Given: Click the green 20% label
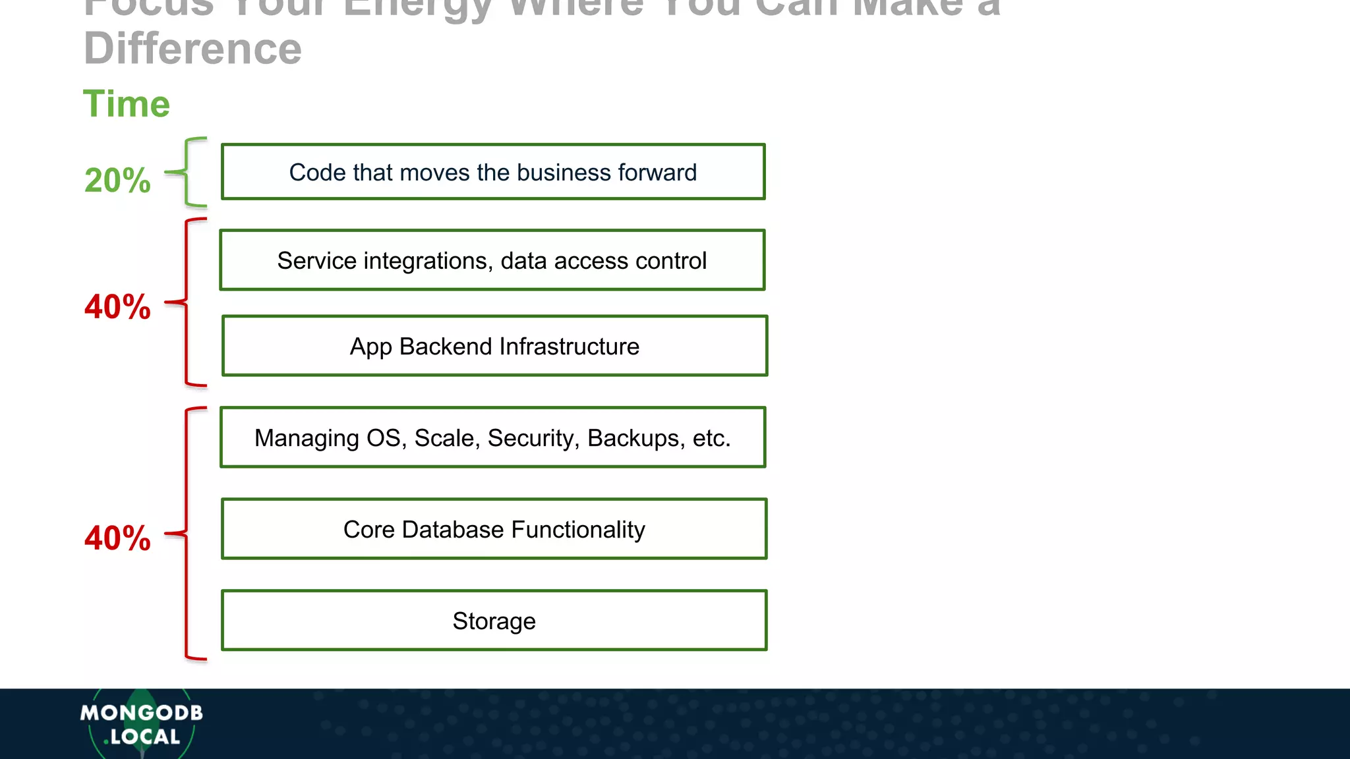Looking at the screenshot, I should pyautogui.click(x=117, y=181).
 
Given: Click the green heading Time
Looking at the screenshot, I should pyautogui.click(x=127, y=104).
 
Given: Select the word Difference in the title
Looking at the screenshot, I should pyautogui.click(x=192, y=49).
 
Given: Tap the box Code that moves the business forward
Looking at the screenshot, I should pyautogui.click(x=493, y=172).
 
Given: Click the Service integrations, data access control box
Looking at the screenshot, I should pyautogui.click(x=492, y=260).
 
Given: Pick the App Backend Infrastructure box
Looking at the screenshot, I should pyautogui.click(x=494, y=346).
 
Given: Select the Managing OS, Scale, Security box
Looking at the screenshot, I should pyautogui.click(x=492, y=437).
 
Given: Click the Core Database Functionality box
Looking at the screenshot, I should pyautogui.click(x=494, y=529).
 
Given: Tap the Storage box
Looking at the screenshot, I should pyautogui.click(x=494, y=621).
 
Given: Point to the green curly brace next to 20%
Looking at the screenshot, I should pyautogui.click(x=187, y=173).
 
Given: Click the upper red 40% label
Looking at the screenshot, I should pyautogui.click(x=117, y=307).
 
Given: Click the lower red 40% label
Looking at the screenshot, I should pyautogui.click(x=117, y=538).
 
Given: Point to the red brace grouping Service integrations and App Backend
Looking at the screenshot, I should pyautogui.click(x=187, y=302).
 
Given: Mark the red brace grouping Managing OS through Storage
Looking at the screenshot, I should pyautogui.click(x=187, y=534).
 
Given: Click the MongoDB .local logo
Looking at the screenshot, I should pyautogui.click(x=141, y=724).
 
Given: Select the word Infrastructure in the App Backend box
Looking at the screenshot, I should pyautogui.click(x=570, y=347).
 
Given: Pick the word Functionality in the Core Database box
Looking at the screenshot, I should pyautogui.click(x=578, y=530).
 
